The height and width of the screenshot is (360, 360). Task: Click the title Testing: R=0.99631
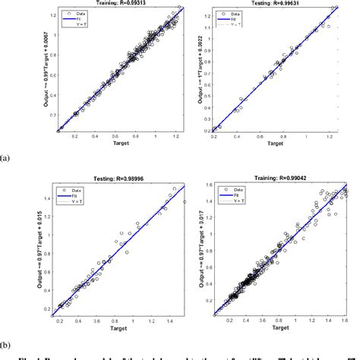(276, 3)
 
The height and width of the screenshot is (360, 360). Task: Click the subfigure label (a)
(6, 159)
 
